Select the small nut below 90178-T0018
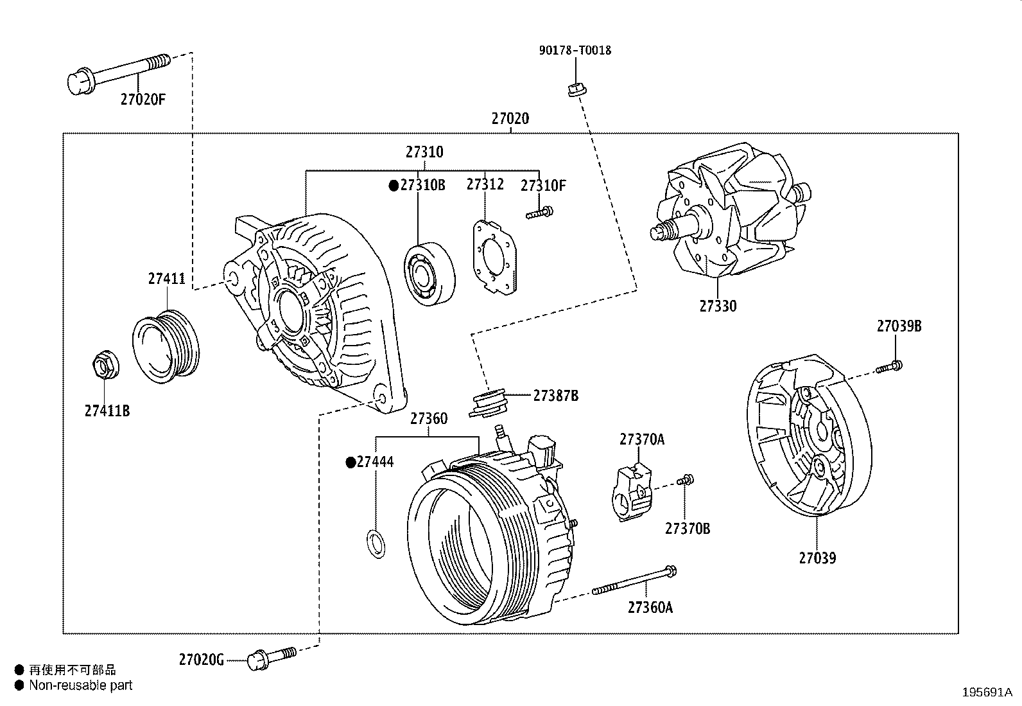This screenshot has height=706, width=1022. click(x=575, y=90)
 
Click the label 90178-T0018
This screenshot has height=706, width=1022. click(x=575, y=50)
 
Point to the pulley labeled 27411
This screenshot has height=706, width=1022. click(x=166, y=346)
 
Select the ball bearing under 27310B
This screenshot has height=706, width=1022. click(x=429, y=274)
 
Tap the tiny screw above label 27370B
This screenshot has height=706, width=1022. click(x=686, y=479)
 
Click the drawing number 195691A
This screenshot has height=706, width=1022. click(x=987, y=693)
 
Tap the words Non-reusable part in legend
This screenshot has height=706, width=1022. click(x=80, y=685)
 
